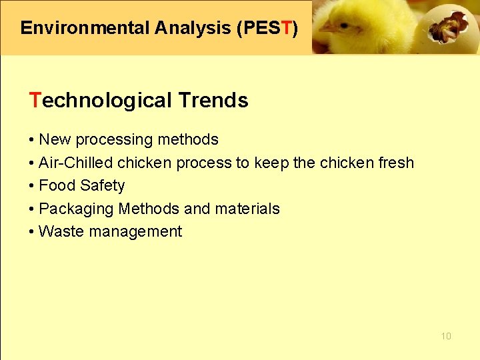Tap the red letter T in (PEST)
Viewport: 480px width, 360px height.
click(x=286, y=28)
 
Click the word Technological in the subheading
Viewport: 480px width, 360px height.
click(x=101, y=101)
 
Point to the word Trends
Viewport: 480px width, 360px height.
click(x=213, y=101)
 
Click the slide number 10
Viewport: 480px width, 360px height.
click(x=446, y=336)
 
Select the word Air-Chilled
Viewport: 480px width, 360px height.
click(x=76, y=163)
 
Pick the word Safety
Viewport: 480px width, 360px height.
click(x=102, y=185)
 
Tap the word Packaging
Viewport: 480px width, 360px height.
click(x=76, y=209)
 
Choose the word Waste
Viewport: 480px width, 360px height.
click(x=59, y=231)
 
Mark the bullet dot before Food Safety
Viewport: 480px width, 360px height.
click(x=32, y=186)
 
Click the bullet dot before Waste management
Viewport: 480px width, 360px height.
click(x=32, y=232)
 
